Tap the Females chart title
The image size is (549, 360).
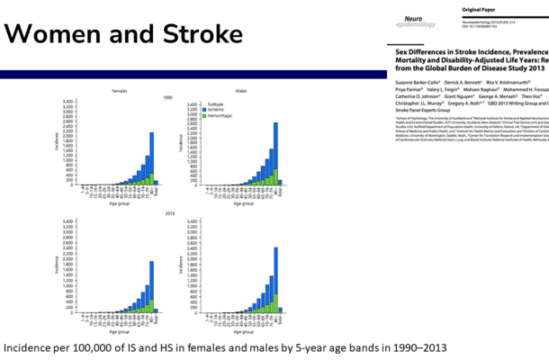tap(120, 92)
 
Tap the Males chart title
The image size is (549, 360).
tap(240, 92)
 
